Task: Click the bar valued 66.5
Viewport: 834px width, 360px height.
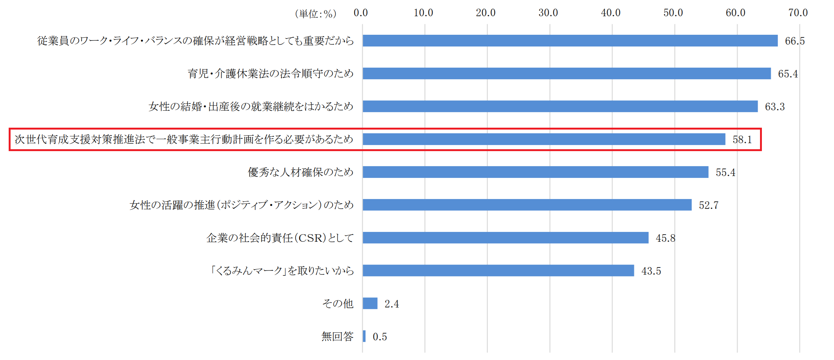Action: point(570,40)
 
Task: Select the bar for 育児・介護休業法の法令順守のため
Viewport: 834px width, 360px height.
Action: point(566,73)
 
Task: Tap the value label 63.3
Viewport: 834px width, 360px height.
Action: point(775,107)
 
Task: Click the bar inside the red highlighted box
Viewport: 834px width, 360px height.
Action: point(544,139)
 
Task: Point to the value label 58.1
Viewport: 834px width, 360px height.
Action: point(742,140)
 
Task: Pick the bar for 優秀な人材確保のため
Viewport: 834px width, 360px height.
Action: point(535,172)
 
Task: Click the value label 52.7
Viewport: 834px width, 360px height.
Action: point(709,205)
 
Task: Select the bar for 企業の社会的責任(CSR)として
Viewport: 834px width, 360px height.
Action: point(506,238)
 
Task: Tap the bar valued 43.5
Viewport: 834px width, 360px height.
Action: point(498,270)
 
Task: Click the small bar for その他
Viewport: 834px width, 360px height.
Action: point(370,303)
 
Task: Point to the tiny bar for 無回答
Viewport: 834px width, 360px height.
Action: point(364,336)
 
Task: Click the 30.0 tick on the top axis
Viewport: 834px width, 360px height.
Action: point(548,13)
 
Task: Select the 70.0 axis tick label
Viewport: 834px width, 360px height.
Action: point(798,13)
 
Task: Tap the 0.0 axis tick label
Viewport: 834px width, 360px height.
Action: point(361,13)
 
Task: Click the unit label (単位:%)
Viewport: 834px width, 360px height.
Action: point(315,14)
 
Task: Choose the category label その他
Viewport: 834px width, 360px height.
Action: point(338,303)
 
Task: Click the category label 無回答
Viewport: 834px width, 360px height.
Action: point(337,336)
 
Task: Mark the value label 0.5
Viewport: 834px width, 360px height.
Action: point(380,337)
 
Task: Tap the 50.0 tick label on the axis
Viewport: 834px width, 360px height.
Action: point(673,13)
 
